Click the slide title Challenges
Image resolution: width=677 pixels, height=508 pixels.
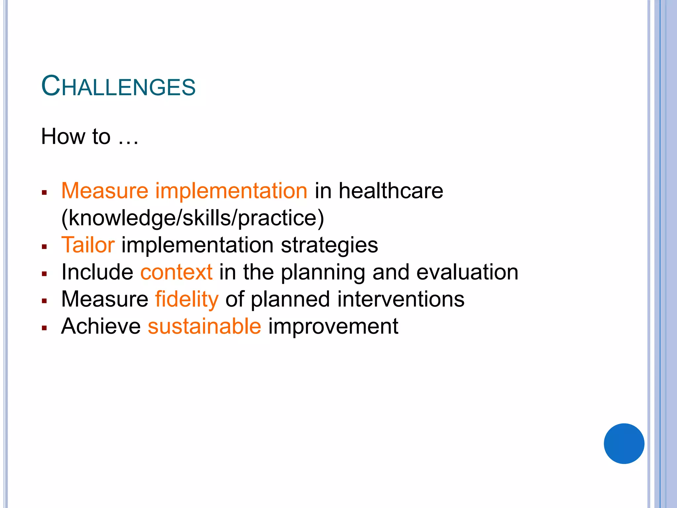[118, 86]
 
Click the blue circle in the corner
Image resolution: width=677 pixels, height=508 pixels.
[624, 443]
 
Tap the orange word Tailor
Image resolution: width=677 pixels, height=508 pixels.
[88, 245]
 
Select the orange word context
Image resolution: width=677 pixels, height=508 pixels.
[176, 272]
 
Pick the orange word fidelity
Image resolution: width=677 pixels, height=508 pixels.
[187, 299]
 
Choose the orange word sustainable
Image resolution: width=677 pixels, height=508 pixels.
[204, 326]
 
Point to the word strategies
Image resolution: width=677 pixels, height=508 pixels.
[329, 245]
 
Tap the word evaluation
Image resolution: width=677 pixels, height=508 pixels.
[467, 272]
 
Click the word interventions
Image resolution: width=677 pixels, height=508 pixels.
[401, 299]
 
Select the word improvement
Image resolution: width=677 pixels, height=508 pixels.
[333, 326]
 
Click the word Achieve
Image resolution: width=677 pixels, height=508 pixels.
[101, 326]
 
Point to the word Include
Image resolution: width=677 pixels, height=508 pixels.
[97, 272]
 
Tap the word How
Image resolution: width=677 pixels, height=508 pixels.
[63, 137]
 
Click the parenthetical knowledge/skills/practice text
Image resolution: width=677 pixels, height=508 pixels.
[193, 218]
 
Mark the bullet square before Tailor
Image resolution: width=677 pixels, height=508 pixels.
[45, 247]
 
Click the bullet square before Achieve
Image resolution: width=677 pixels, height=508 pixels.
[45, 328]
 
